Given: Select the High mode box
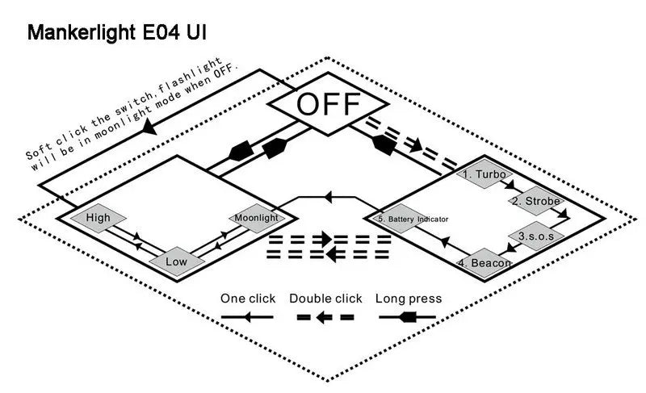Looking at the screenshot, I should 98,217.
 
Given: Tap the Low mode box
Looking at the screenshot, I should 176,261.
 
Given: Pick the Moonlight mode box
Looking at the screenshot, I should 256,218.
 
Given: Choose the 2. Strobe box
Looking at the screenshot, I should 532,200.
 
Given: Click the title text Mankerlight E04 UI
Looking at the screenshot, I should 121,33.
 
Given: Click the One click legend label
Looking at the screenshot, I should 248,299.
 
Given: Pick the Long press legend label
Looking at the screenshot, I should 409,299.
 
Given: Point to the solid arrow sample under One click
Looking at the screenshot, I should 248,318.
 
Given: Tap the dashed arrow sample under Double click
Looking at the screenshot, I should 325,318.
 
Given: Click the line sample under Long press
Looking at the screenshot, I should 409,318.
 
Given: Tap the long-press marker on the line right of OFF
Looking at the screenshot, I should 384,145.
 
